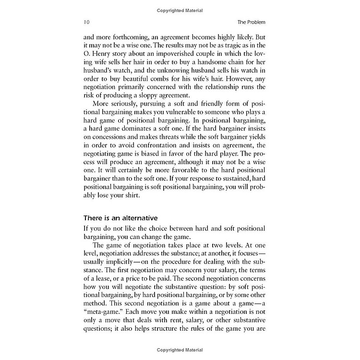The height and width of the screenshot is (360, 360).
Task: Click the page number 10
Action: pos(86,22)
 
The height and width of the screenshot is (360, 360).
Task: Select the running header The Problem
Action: pos(251,22)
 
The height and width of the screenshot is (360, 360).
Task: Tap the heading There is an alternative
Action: pos(121,218)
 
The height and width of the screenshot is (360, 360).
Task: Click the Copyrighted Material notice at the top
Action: pos(180,11)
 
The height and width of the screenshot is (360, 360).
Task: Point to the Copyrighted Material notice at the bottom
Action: pos(180,349)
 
